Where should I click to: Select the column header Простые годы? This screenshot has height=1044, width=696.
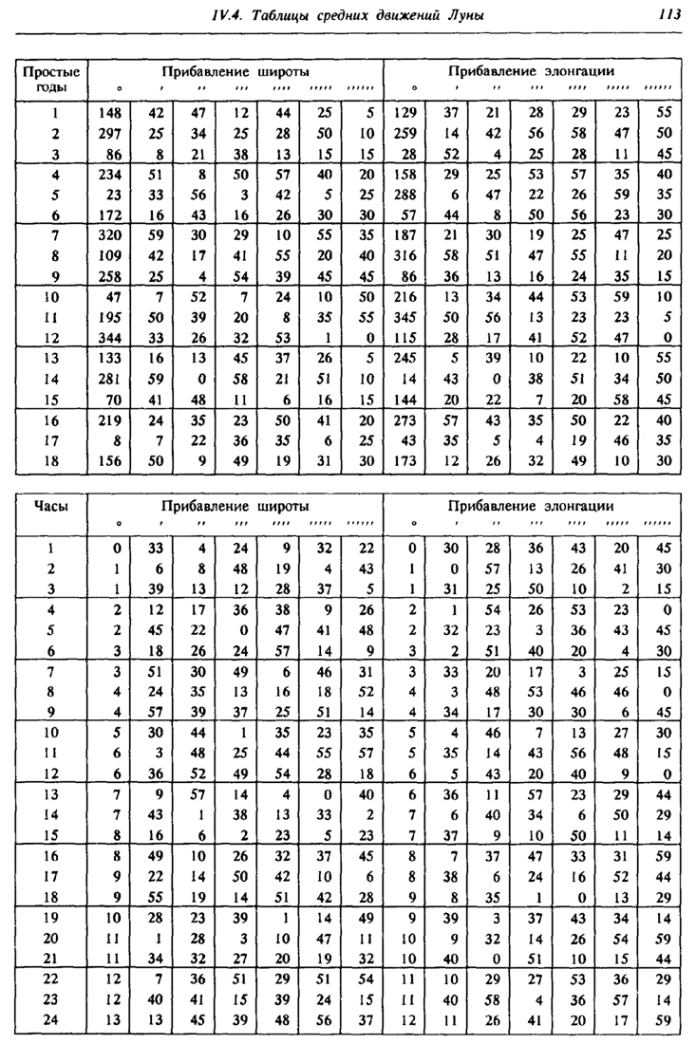(x=49, y=79)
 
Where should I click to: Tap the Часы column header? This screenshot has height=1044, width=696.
(x=49, y=506)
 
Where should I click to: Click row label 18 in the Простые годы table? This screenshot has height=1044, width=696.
(x=49, y=460)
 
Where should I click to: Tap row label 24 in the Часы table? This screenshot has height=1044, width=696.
(x=49, y=1020)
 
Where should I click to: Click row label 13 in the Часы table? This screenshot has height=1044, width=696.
(x=49, y=794)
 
